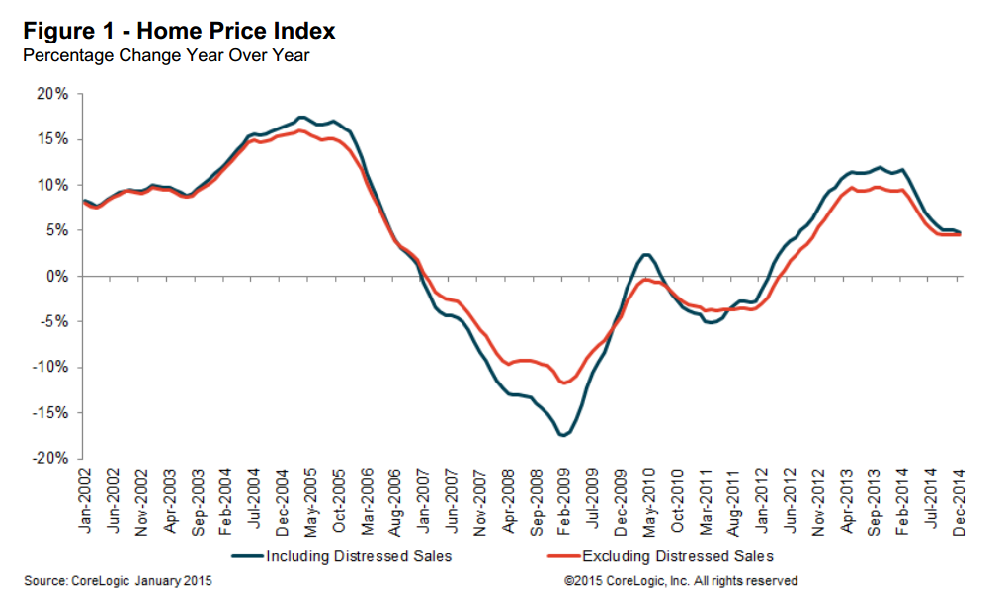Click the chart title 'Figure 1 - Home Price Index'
tap(179, 31)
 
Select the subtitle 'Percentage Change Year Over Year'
tap(166, 55)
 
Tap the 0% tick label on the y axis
tap(57, 277)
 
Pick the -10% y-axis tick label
tap(51, 368)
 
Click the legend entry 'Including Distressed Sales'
tap(359, 556)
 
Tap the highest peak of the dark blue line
tap(302, 117)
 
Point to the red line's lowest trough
tap(564, 383)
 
